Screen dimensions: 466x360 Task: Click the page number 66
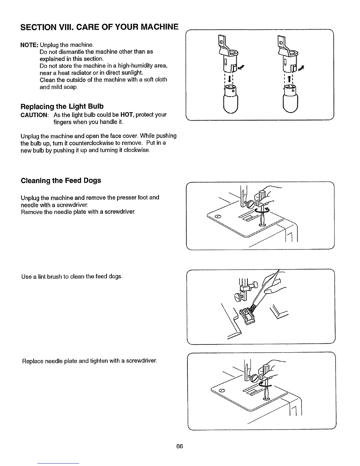click(180, 446)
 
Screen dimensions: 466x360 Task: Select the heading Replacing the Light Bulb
click(62, 106)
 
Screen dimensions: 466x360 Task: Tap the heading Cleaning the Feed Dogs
click(61, 180)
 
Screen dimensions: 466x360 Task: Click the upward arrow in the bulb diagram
click(289, 79)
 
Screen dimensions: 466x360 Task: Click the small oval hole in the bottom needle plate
click(222, 390)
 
